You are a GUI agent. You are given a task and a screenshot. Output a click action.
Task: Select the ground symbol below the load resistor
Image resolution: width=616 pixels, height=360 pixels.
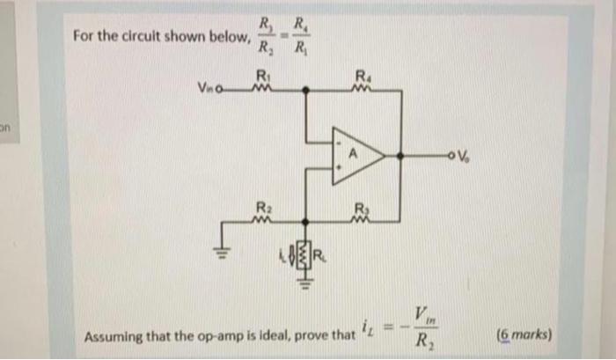coord(305,283)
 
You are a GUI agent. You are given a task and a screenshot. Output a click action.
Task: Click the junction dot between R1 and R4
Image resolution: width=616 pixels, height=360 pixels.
coord(305,89)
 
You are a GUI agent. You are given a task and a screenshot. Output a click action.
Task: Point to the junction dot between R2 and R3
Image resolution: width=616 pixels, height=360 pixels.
coord(305,224)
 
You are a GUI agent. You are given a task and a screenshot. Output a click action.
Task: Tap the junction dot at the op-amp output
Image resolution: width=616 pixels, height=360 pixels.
coord(400,157)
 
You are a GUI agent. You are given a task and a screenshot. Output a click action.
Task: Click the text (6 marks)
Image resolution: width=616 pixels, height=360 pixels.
coord(524,334)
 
